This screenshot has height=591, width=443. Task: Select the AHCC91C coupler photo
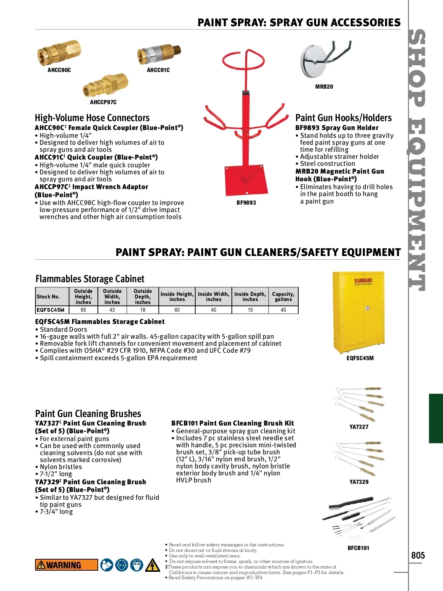tap(159, 54)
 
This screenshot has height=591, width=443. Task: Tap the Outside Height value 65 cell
tap(83, 310)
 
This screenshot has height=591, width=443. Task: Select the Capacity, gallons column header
tap(283, 297)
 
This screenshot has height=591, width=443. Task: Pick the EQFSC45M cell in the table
tap(51, 310)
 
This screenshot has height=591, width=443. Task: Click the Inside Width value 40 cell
tap(213, 310)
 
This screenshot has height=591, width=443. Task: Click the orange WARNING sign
tap(66, 565)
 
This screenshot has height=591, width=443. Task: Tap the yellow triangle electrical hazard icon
tap(152, 565)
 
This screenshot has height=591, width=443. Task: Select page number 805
tap(418, 556)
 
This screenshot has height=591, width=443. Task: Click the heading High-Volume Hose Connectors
tap(92, 118)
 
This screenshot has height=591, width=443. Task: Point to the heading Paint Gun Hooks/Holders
tap(343, 118)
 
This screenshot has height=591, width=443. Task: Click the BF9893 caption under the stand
tap(246, 203)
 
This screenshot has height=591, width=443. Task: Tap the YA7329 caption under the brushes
tap(359, 482)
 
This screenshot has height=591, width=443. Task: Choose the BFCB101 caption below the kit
tap(358, 548)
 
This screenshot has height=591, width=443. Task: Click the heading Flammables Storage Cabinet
tap(90, 279)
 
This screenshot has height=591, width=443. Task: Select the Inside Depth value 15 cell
tap(250, 310)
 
